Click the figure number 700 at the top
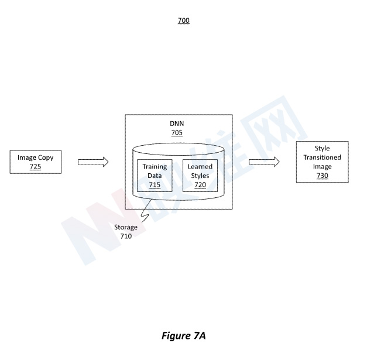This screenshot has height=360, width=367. coord(184,20)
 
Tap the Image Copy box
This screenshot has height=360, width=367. coord(35,162)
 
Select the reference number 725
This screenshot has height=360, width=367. coord(35,167)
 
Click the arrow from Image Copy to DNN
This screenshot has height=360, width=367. coord(93,162)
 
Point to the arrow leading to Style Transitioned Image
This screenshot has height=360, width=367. coord(264,162)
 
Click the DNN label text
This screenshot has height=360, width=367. coord(177,124)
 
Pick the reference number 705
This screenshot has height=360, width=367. coord(177,133)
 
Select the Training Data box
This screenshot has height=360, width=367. coord(155,175)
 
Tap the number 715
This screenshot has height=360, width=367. coord(155,184)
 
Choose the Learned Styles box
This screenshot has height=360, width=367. coord(200,175)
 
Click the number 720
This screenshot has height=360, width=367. coord(200,184)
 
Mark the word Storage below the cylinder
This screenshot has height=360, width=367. coord(126,227)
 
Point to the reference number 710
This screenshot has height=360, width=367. coord(126,236)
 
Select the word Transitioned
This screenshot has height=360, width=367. coord(323,157)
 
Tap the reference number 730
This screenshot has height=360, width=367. coord(323,176)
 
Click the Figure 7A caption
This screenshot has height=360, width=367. coord(184,335)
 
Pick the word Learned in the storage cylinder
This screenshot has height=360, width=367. coord(200,167)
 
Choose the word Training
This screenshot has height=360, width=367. coord(155,167)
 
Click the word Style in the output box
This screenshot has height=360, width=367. coord(323,149)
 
